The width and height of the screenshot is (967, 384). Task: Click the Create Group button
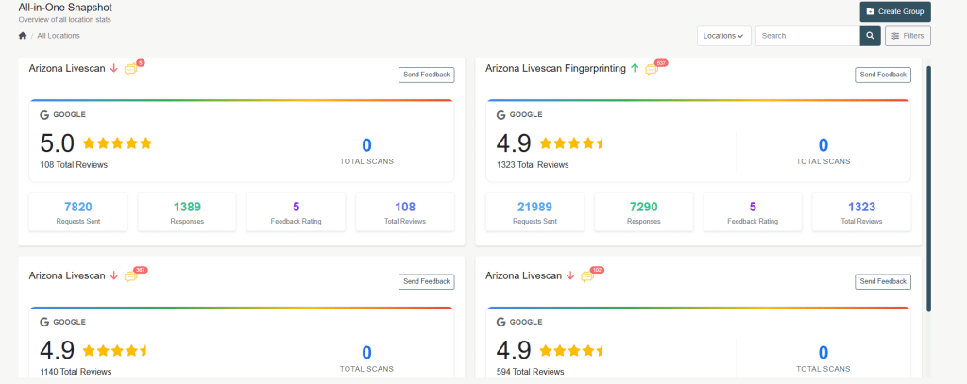895,11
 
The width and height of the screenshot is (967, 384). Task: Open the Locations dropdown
724,36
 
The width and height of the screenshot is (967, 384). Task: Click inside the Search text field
807,36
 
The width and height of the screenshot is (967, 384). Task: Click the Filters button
908,36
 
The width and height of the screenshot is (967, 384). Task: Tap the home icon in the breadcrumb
23,36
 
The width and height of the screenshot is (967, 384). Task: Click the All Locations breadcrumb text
59,36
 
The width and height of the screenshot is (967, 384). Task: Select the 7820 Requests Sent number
77,207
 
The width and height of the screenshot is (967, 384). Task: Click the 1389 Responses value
188,207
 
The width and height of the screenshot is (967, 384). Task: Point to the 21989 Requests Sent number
534,207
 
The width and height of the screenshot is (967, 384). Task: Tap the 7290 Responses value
644,207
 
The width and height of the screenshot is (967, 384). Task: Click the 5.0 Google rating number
57,143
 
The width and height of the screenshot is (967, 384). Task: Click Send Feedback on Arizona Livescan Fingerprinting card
882,75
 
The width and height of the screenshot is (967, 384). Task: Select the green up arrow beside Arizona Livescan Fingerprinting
635,68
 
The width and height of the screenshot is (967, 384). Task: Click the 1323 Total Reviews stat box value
861,207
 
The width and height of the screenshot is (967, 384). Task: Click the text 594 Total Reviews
530,372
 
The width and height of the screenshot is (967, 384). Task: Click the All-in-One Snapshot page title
65,7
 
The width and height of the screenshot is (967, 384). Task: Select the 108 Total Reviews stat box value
405,207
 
